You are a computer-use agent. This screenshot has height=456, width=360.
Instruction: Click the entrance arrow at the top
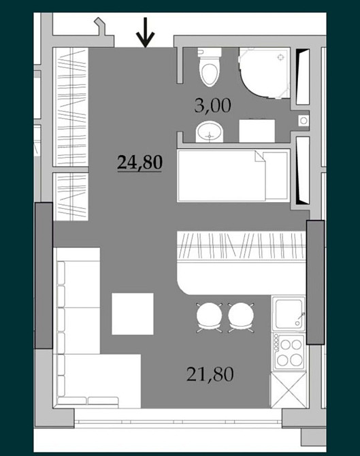point(146,32)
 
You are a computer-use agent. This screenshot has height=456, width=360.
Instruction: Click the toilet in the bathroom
point(210,67)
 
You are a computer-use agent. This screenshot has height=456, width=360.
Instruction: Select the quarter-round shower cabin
point(264,73)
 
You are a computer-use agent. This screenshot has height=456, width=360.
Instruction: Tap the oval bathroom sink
point(210,132)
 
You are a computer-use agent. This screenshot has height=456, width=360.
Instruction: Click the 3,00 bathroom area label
point(213,105)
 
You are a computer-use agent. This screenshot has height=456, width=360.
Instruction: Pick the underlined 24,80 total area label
point(140,163)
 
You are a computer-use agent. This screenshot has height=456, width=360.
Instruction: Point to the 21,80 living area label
point(210,374)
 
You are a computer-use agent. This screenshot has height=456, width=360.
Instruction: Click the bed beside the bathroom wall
point(233,176)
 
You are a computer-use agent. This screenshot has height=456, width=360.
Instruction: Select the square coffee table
point(133,314)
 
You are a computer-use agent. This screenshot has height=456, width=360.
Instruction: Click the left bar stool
point(209,317)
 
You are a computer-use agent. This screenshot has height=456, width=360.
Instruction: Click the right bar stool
point(241,317)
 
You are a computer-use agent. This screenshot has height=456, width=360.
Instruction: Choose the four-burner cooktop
point(288,353)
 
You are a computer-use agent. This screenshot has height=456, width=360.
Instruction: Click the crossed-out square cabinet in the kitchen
point(288,391)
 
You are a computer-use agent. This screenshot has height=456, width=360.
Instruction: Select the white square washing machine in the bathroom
point(257,131)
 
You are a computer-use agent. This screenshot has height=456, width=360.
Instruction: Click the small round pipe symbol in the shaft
point(304,120)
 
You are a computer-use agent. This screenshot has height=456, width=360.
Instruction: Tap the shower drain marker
point(280,57)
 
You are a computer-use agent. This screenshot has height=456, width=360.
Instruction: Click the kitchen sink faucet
point(300,319)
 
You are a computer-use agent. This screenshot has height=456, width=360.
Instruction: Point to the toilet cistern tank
point(210,52)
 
